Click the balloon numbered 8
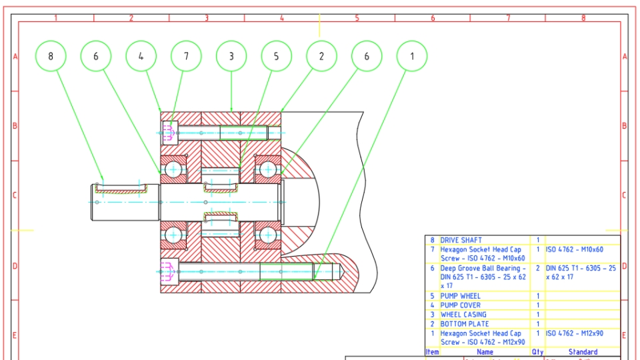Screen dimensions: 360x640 tap(51, 57)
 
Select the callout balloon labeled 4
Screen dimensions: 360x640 tap(141, 57)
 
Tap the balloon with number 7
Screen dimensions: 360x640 tap(186, 57)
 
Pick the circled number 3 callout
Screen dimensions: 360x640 tap(231, 57)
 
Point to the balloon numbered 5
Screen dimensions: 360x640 tap(277, 57)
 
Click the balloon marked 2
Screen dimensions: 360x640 tap(321, 57)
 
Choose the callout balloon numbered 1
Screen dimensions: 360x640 tap(412, 57)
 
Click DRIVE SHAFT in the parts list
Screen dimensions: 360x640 tap(461, 240)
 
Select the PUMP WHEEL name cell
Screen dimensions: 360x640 tap(460, 296)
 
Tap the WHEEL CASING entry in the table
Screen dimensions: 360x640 tap(463, 315)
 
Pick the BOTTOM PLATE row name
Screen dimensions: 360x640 tap(464, 324)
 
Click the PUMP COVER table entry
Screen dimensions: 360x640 tap(460, 305)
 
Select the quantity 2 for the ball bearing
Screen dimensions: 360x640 tap(537, 268)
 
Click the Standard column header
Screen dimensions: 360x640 tap(583, 352)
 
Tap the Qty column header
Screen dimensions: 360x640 tap(537, 352)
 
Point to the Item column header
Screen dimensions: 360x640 tap(432, 352)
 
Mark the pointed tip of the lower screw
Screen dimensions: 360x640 tap(341, 271)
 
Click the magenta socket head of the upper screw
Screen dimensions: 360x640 tap(168, 133)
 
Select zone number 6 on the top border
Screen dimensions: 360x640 tap(433, 18)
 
